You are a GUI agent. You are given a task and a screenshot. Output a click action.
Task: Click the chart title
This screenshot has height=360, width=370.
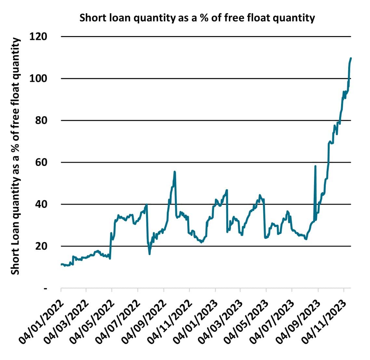(x=197, y=18)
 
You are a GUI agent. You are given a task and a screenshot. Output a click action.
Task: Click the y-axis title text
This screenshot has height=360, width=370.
(x=16, y=156)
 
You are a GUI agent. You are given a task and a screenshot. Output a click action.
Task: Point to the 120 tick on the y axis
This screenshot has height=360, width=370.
(x=38, y=36)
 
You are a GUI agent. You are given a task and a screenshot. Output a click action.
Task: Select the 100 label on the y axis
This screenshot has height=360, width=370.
(x=38, y=78)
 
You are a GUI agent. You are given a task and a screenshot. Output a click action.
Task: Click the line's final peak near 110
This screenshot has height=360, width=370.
(x=351, y=58)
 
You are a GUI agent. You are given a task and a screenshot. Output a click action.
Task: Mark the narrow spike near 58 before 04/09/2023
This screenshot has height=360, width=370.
(x=315, y=166)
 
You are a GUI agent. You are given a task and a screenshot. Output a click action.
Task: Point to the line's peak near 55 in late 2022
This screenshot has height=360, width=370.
(x=175, y=172)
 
